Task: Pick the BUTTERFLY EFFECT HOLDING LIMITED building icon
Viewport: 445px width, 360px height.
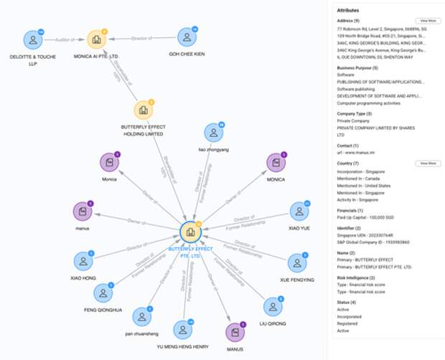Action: click(143, 110)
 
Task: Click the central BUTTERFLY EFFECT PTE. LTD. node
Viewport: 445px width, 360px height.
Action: click(190, 232)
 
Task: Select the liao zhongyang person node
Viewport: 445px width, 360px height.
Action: click(213, 133)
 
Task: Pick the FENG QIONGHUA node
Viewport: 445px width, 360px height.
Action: click(103, 293)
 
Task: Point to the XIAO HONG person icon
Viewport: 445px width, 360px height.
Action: click(83, 262)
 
